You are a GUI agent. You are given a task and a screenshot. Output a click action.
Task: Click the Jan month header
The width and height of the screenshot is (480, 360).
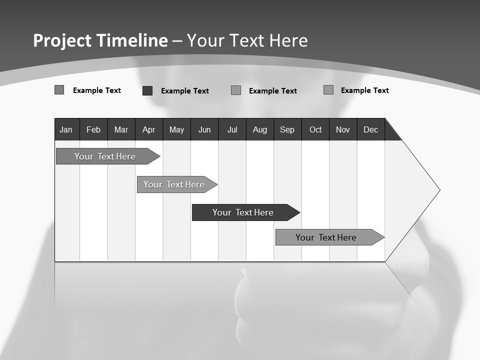click(66, 129)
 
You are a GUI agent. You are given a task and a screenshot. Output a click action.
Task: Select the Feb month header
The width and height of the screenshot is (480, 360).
click(93, 129)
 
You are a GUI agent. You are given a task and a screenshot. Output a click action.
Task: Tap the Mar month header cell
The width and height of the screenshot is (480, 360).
click(121, 129)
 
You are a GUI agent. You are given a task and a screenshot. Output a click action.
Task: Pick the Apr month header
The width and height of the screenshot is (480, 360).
click(149, 129)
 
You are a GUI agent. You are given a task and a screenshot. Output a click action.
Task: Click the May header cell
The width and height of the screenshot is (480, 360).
click(176, 129)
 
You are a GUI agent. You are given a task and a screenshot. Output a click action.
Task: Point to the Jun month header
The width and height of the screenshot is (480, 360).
click(204, 129)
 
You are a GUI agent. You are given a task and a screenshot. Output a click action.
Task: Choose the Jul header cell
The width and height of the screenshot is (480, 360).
click(232, 129)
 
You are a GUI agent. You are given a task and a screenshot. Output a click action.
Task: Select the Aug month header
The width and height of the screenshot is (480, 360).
click(260, 129)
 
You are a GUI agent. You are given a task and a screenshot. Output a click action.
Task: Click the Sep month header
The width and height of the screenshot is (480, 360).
click(287, 129)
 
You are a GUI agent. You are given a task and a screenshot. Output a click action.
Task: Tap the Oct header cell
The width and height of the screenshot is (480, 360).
click(315, 129)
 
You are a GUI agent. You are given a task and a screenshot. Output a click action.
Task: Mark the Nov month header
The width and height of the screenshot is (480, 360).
click(343, 129)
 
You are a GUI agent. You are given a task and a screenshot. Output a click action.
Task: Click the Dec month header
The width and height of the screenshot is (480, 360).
click(371, 129)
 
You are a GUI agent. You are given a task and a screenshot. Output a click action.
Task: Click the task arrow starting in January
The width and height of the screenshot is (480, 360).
click(105, 156)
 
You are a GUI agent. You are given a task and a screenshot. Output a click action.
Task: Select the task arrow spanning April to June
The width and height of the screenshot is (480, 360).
click(174, 184)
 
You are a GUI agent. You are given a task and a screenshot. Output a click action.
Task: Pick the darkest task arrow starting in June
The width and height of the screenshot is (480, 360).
click(243, 212)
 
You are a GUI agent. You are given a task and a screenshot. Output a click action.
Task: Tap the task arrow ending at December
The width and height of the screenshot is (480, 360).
click(326, 237)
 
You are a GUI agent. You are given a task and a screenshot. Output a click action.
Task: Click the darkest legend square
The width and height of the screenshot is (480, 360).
click(147, 90)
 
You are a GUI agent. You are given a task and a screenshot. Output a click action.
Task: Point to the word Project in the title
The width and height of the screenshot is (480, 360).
click(62, 40)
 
